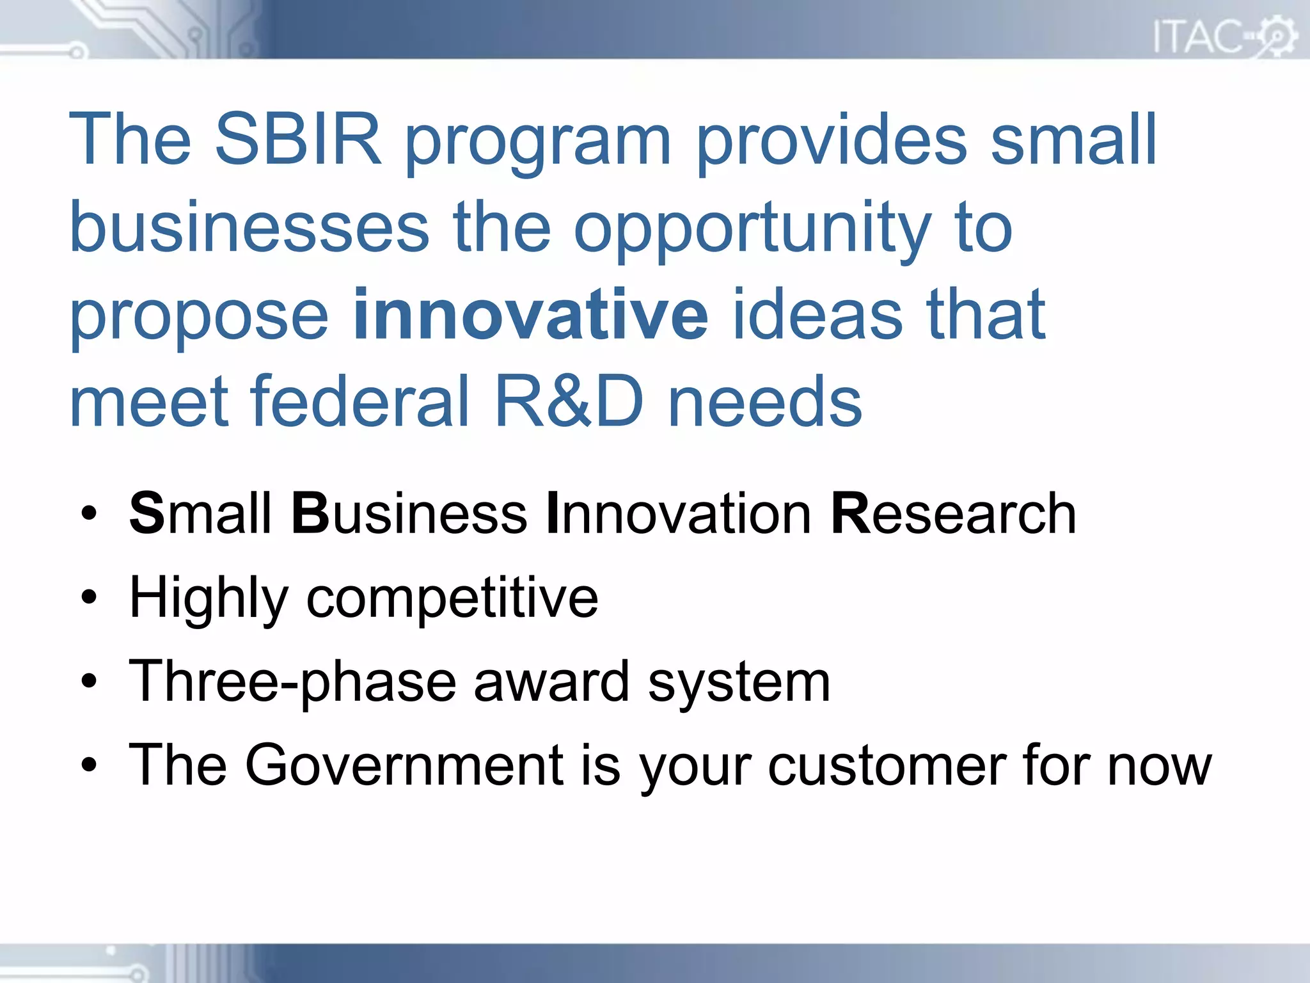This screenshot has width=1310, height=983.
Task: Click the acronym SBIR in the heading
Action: (x=297, y=140)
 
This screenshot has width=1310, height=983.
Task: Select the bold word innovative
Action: (x=530, y=314)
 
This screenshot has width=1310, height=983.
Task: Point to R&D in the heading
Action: (x=569, y=401)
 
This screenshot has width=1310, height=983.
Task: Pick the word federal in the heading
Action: (x=360, y=401)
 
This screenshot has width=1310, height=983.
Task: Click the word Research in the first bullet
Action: (x=954, y=514)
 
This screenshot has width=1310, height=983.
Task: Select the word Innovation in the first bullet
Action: (x=679, y=514)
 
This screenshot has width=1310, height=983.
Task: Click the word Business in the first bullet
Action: (x=409, y=514)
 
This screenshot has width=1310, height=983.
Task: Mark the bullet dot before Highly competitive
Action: (x=89, y=598)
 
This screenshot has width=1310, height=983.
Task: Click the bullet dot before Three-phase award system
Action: (x=89, y=682)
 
